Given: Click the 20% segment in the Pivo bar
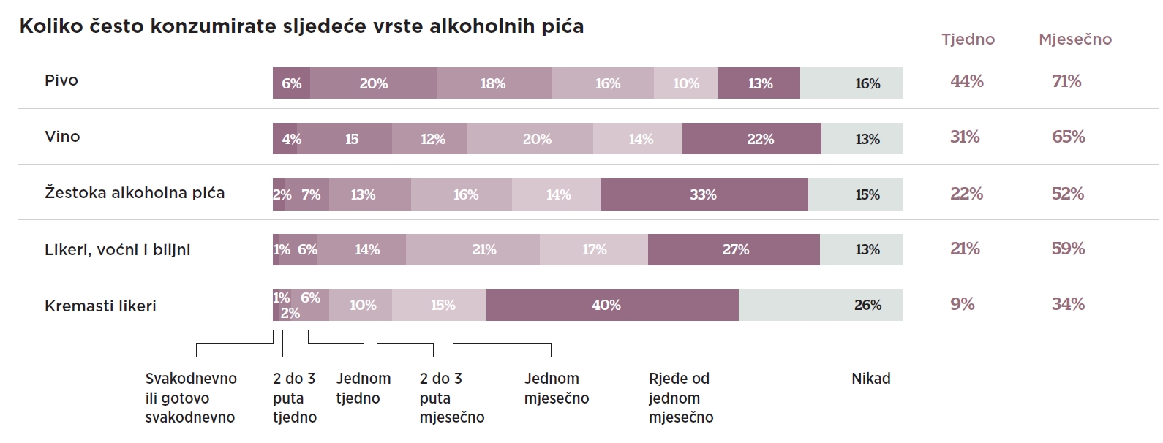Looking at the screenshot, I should [374, 83].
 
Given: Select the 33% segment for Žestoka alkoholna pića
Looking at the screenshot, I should [704, 194].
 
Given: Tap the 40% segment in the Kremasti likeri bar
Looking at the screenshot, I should [607, 305].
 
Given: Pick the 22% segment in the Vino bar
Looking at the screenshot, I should [761, 139].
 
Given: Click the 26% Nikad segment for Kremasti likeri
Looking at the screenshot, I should [867, 305].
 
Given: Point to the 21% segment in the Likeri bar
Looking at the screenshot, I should [484, 249].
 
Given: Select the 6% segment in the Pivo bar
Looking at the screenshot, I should [292, 83].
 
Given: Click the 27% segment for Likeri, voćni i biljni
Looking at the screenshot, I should [736, 249].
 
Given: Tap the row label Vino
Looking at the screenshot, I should [62, 137].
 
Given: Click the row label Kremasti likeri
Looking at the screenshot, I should [100, 306].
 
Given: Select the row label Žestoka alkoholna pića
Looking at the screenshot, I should [135, 193].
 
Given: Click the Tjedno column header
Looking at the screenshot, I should [968, 39].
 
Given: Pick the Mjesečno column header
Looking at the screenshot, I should [1074, 39].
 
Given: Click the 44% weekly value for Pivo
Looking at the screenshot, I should [966, 81].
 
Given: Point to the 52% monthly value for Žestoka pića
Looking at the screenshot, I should [1068, 194].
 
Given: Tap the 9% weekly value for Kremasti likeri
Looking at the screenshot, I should [963, 304].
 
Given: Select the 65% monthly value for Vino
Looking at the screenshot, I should [1068, 137].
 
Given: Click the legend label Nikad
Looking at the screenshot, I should [870, 379].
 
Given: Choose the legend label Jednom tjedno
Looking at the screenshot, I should [363, 388].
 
